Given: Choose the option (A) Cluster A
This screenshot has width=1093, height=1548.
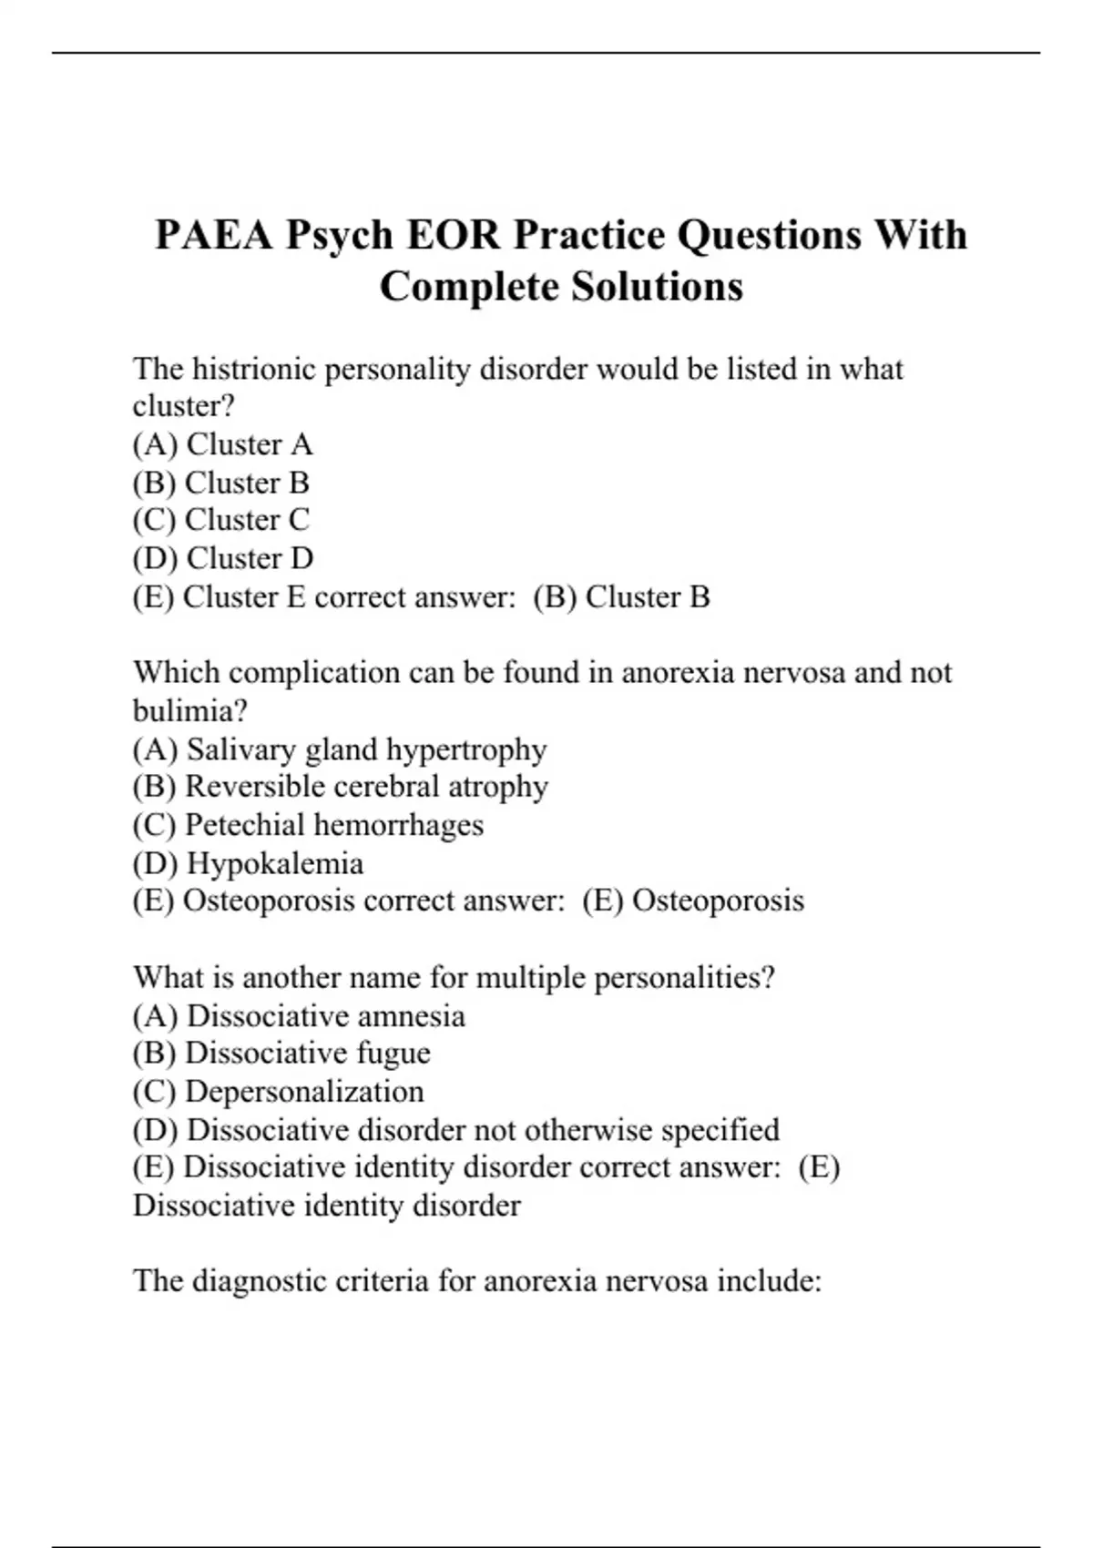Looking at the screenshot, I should [x=222, y=444].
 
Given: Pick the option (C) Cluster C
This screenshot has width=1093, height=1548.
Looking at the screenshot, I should [x=220, y=520].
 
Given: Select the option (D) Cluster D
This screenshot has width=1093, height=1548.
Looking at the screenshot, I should [x=222, y=558].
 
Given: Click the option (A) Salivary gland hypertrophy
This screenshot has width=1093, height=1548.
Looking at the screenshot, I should [x=339, y=749].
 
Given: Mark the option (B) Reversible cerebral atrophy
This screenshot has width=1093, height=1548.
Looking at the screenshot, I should [x=340, y=787].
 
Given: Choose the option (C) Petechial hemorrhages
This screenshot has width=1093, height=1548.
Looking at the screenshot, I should [x=308, y=825].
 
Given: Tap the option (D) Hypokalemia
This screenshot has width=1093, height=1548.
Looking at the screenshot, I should [x=248, y=863].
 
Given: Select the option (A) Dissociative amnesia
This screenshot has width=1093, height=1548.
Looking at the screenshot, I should [x=299, y=1015].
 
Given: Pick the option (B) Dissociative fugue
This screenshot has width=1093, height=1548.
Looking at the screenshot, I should [x=281, y=1054].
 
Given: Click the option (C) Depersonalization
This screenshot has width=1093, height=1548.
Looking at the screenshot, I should [x=278, y=1092].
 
